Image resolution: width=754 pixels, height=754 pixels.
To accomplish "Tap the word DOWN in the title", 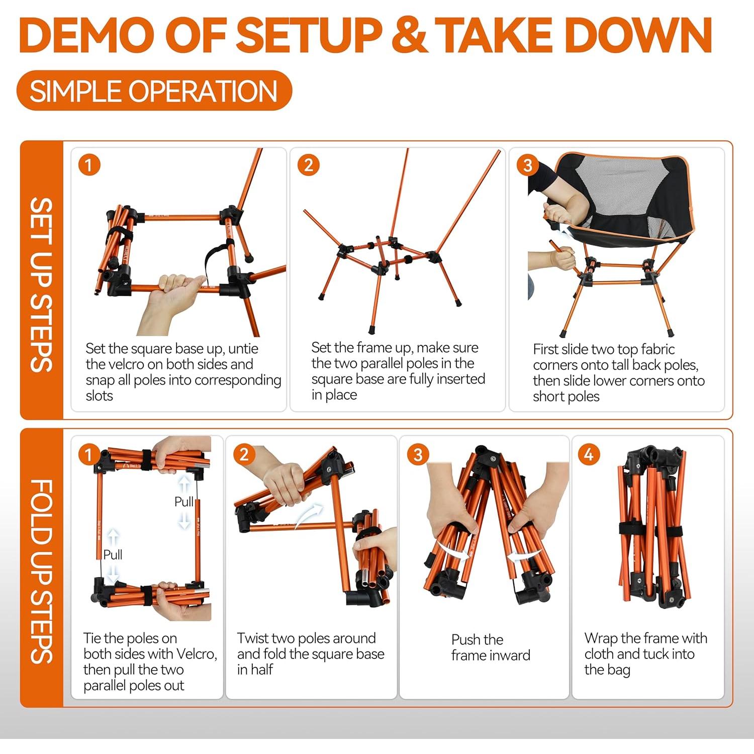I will click(640, 35).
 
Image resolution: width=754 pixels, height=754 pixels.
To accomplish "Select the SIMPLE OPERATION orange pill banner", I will click(154, 91).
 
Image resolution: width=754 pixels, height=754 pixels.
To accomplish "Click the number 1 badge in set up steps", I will click(89, 165).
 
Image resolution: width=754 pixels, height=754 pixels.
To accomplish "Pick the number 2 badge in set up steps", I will click(309, 165).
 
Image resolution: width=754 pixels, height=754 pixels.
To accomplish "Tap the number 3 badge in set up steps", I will click(528, 165).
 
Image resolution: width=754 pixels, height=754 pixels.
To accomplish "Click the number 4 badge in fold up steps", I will click(589, 454).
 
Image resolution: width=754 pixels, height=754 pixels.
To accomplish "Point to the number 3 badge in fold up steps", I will click(418, 454).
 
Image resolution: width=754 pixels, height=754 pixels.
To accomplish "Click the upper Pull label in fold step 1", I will click(183, 502).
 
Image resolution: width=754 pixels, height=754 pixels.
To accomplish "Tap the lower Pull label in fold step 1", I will click(113, 554).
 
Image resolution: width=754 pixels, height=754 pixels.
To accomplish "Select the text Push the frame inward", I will click(490, 647).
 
